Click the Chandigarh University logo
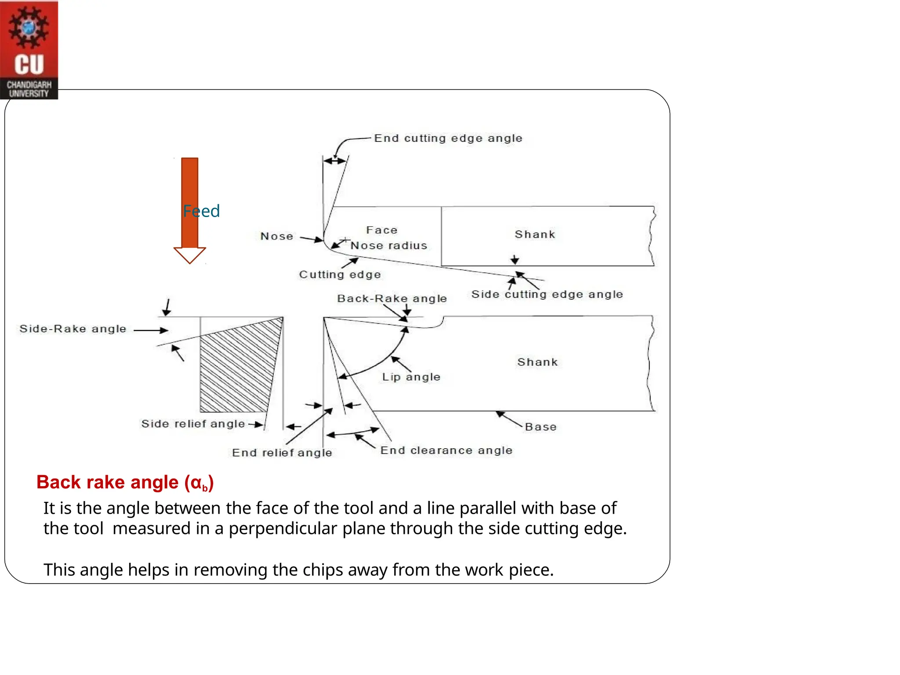coord(29,50)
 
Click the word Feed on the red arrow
coord(201,211)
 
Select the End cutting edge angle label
coord(448,138)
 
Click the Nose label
coord(276,236)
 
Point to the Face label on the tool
coord(381,230)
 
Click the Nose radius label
coord(389,246)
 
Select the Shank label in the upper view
coord(535,235)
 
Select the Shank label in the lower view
coord(537,362)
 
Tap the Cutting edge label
coord(340,275)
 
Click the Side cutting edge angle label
coord(547,294)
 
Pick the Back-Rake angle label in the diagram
coord(392,299)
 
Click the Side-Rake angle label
coord(73,329)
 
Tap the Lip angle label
coord(411,377)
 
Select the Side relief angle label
coord(193,424)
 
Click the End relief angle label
coord(282,453)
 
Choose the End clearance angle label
coord(446,450)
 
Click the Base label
coord(541,427)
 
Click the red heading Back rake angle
coord(125,483)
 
